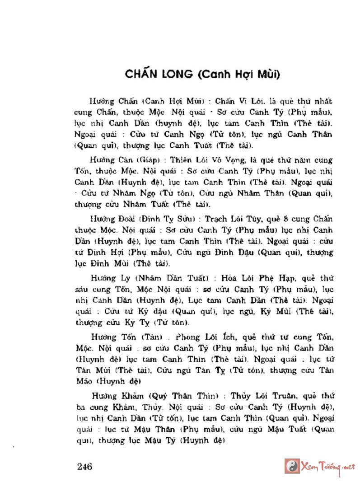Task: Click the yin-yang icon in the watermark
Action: [x=292, y=466]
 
